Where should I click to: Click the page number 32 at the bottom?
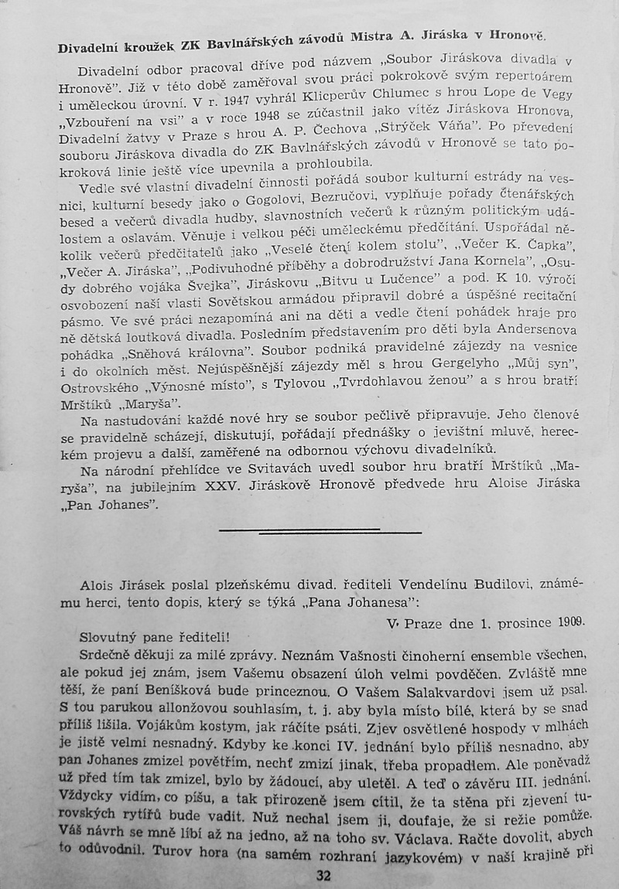323,876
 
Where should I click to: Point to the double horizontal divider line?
320,531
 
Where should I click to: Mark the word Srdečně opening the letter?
108,654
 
